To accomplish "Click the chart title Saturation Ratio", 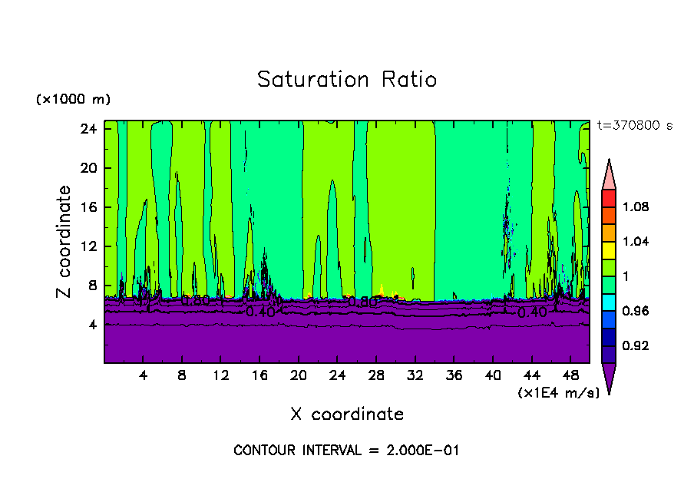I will point(346,80).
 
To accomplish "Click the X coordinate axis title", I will point(347,414).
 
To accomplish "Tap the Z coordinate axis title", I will point(64,242).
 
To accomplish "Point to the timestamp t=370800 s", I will point(634,126).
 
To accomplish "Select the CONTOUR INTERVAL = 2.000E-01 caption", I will point(346,451).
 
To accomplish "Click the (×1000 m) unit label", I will point(73,100).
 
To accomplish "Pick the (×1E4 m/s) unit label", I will point(558,392).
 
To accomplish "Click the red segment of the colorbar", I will point(609,198).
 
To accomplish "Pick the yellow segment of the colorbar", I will point(609,249).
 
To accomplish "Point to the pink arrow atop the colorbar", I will point(609,173).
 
